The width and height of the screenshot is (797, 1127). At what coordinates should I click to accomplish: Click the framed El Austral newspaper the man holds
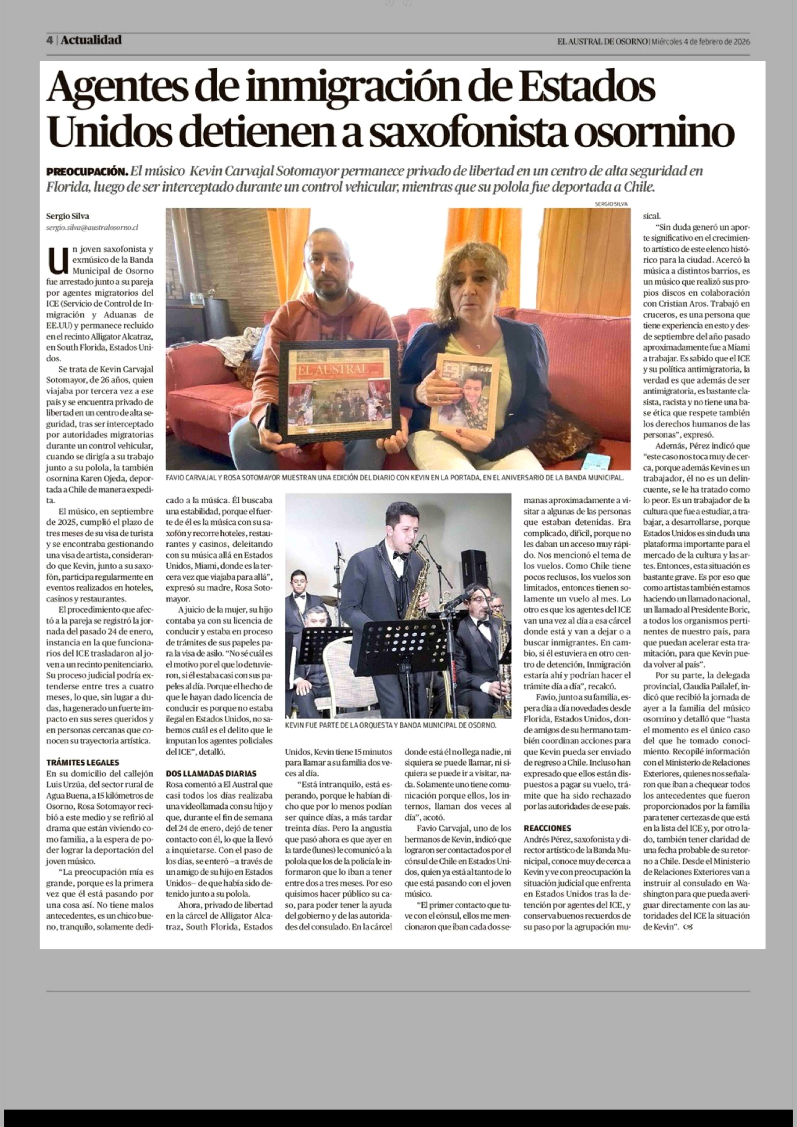(x=339, y=391)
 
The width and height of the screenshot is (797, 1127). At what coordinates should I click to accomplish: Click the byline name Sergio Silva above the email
(x=68, y=216)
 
